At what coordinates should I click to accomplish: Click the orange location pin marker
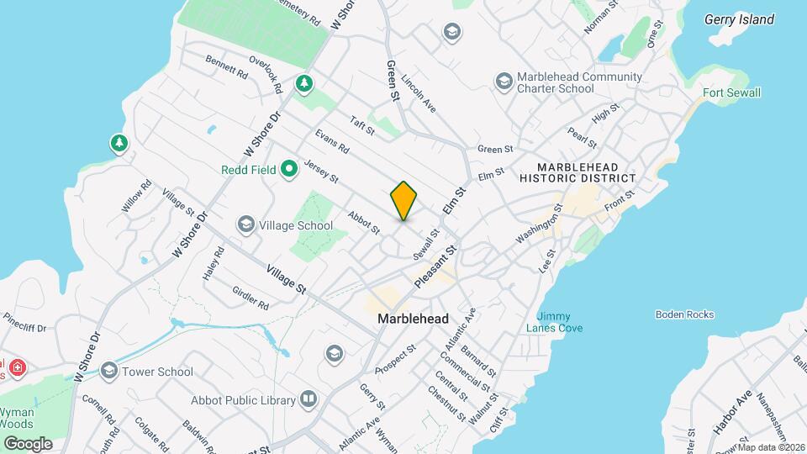pyautogui.click(x=403, y=200)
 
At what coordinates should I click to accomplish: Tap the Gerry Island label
pyautogui.click(x=739, y=20)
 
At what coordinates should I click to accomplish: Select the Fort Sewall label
pyautogui.click(x=732, y=92)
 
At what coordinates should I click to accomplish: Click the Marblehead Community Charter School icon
pyautogui.click(x=504, y=82)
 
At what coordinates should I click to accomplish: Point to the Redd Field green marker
pyautogui.click(x=290, y=170)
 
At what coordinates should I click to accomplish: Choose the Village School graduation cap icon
pyautogui.click(x=246, y=224)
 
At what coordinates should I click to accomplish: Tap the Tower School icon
pyautogui.click(x=108, y=371)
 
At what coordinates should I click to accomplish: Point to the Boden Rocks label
pyautogui.click(x=684, y=314)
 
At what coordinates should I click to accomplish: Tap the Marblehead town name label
pyautogui.click(x=413, y=319)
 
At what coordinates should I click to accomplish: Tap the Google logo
pyautogui.click(x=28, y=443)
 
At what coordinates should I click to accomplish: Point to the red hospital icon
pyautogui.click(x=17, y=367)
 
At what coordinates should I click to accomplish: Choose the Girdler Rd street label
pyautogui.click(x=250, y=296)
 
